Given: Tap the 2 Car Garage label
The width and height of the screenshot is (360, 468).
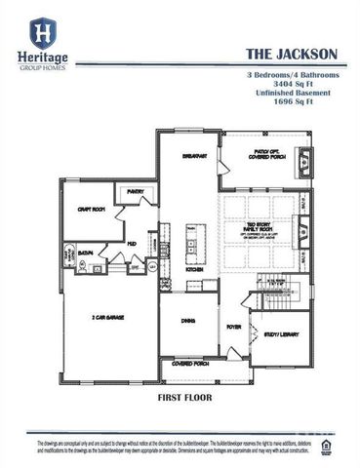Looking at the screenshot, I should (108, 317).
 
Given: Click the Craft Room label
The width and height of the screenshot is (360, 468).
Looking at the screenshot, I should (92, 208).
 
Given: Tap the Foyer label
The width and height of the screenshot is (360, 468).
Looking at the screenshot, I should (234, 327).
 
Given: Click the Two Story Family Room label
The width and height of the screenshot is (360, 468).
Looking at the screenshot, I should (260, 230).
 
